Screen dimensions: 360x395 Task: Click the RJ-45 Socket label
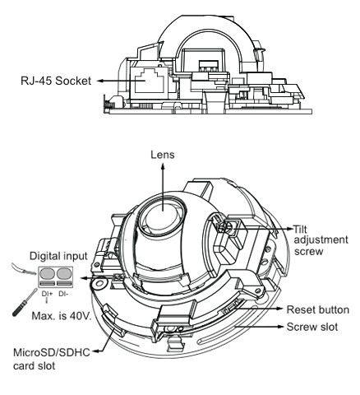click(56, 81)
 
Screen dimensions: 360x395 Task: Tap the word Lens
click(163, 155)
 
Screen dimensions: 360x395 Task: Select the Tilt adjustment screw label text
click(321, 240)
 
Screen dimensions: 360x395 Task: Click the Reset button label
click(318, 310)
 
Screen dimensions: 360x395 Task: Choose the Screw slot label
click(312, 327)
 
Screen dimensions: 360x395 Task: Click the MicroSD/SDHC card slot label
click(52, 359)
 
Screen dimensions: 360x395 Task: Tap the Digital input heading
click(58, 256)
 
